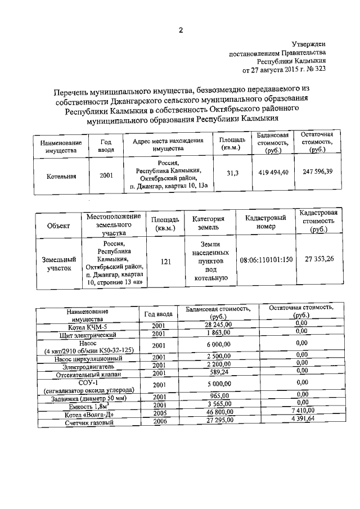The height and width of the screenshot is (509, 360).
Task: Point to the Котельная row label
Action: (x=61, y=176)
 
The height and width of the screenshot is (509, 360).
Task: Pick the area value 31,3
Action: (x=233, y=174)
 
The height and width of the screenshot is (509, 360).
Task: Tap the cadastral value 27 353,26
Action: (x=319, y=259)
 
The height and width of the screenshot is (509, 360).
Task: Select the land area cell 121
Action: (x=166, y=262)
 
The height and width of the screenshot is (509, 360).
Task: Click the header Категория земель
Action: (x=208, y=224)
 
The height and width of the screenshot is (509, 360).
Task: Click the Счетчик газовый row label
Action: (x=89, y=422)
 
